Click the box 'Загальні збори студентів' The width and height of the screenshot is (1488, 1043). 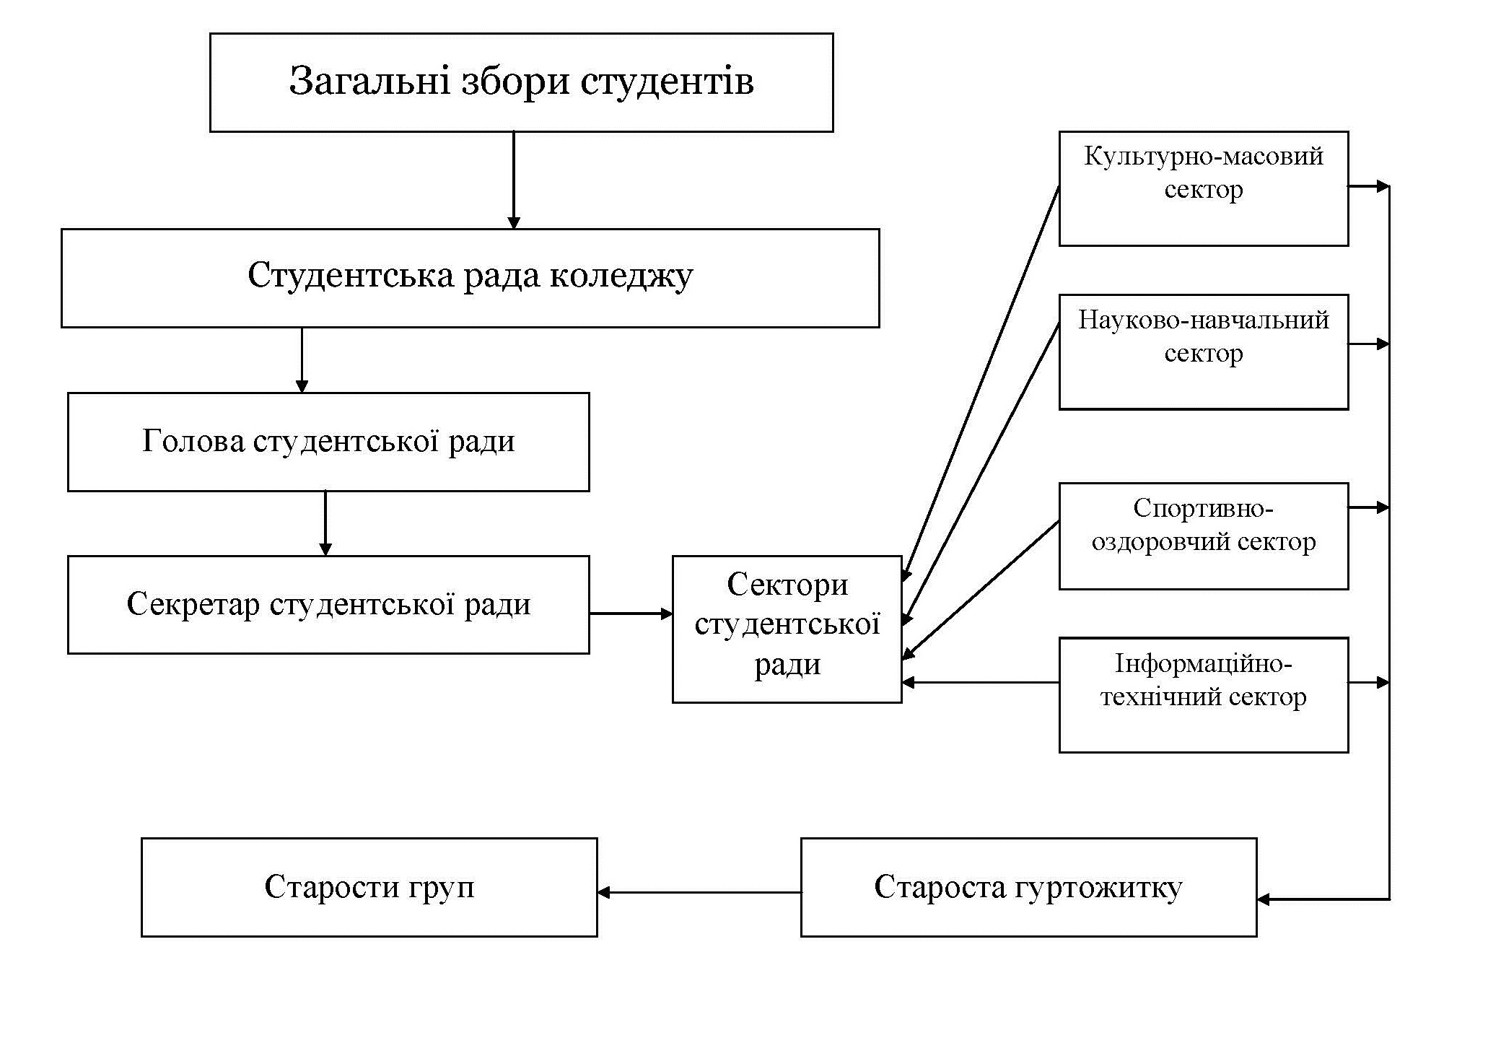521,82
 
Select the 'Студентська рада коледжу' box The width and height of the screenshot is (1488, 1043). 470,278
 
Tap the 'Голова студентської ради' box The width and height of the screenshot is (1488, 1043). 328,442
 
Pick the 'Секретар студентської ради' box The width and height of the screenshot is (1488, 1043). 328,605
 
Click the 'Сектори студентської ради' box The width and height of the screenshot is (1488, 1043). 787,629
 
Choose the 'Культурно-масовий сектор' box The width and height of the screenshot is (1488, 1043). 1203,188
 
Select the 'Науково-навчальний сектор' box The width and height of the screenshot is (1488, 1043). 1203,352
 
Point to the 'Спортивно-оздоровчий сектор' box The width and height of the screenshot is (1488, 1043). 1203,536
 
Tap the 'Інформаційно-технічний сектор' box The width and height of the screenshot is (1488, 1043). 1203,694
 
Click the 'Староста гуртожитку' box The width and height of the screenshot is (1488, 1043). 1028,887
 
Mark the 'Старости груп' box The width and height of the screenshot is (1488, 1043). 369,887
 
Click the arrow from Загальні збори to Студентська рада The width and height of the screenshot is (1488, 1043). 514,180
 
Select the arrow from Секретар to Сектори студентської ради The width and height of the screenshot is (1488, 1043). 631,614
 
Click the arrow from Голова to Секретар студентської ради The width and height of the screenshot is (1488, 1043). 325,523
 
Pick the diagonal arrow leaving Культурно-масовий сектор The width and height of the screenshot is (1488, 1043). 981,383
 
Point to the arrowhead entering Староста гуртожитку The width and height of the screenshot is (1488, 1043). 1264,899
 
